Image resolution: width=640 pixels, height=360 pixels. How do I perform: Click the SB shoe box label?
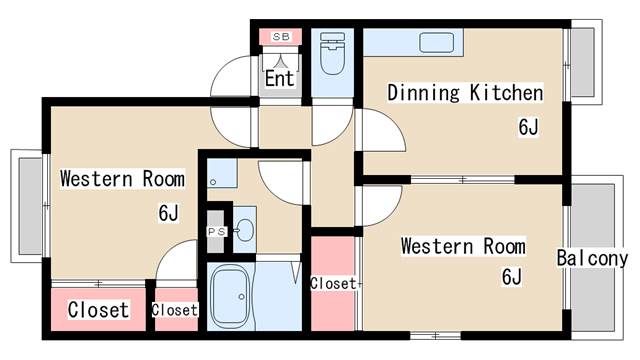tap(281, 37)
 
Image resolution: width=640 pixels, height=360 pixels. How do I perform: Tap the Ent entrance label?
tap(280, 78)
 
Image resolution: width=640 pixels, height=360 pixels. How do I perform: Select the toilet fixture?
tap(333, 53)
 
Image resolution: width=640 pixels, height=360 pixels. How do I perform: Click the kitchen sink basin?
tap(437, 42)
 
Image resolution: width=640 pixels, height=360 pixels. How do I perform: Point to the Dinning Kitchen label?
tap(465, 93)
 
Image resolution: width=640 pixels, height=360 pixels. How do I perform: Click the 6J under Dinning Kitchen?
tap(529, 127)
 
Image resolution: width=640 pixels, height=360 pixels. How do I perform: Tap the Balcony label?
tap(592, 258)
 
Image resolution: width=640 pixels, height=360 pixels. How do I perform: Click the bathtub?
tap(230, 296)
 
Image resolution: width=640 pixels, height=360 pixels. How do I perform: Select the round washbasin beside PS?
tap(244, 231)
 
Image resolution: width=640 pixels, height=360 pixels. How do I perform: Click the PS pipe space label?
tap(217, 231)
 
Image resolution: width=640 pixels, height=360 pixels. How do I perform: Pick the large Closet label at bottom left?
tap(98, 310)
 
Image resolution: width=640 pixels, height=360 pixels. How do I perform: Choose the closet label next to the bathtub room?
tap(175, 310)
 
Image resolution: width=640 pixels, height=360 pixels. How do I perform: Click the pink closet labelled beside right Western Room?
tap(333, 283)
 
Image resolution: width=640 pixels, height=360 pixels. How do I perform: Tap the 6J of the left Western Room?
tap(169, 212)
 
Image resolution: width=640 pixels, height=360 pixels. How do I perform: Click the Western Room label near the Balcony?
tap(463, 246)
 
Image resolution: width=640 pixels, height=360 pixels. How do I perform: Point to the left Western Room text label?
tap(122, 179)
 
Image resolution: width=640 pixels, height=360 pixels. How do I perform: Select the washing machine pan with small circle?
tap(222, 173)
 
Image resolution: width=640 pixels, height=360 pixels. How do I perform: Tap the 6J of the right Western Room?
tap(512, 276)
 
